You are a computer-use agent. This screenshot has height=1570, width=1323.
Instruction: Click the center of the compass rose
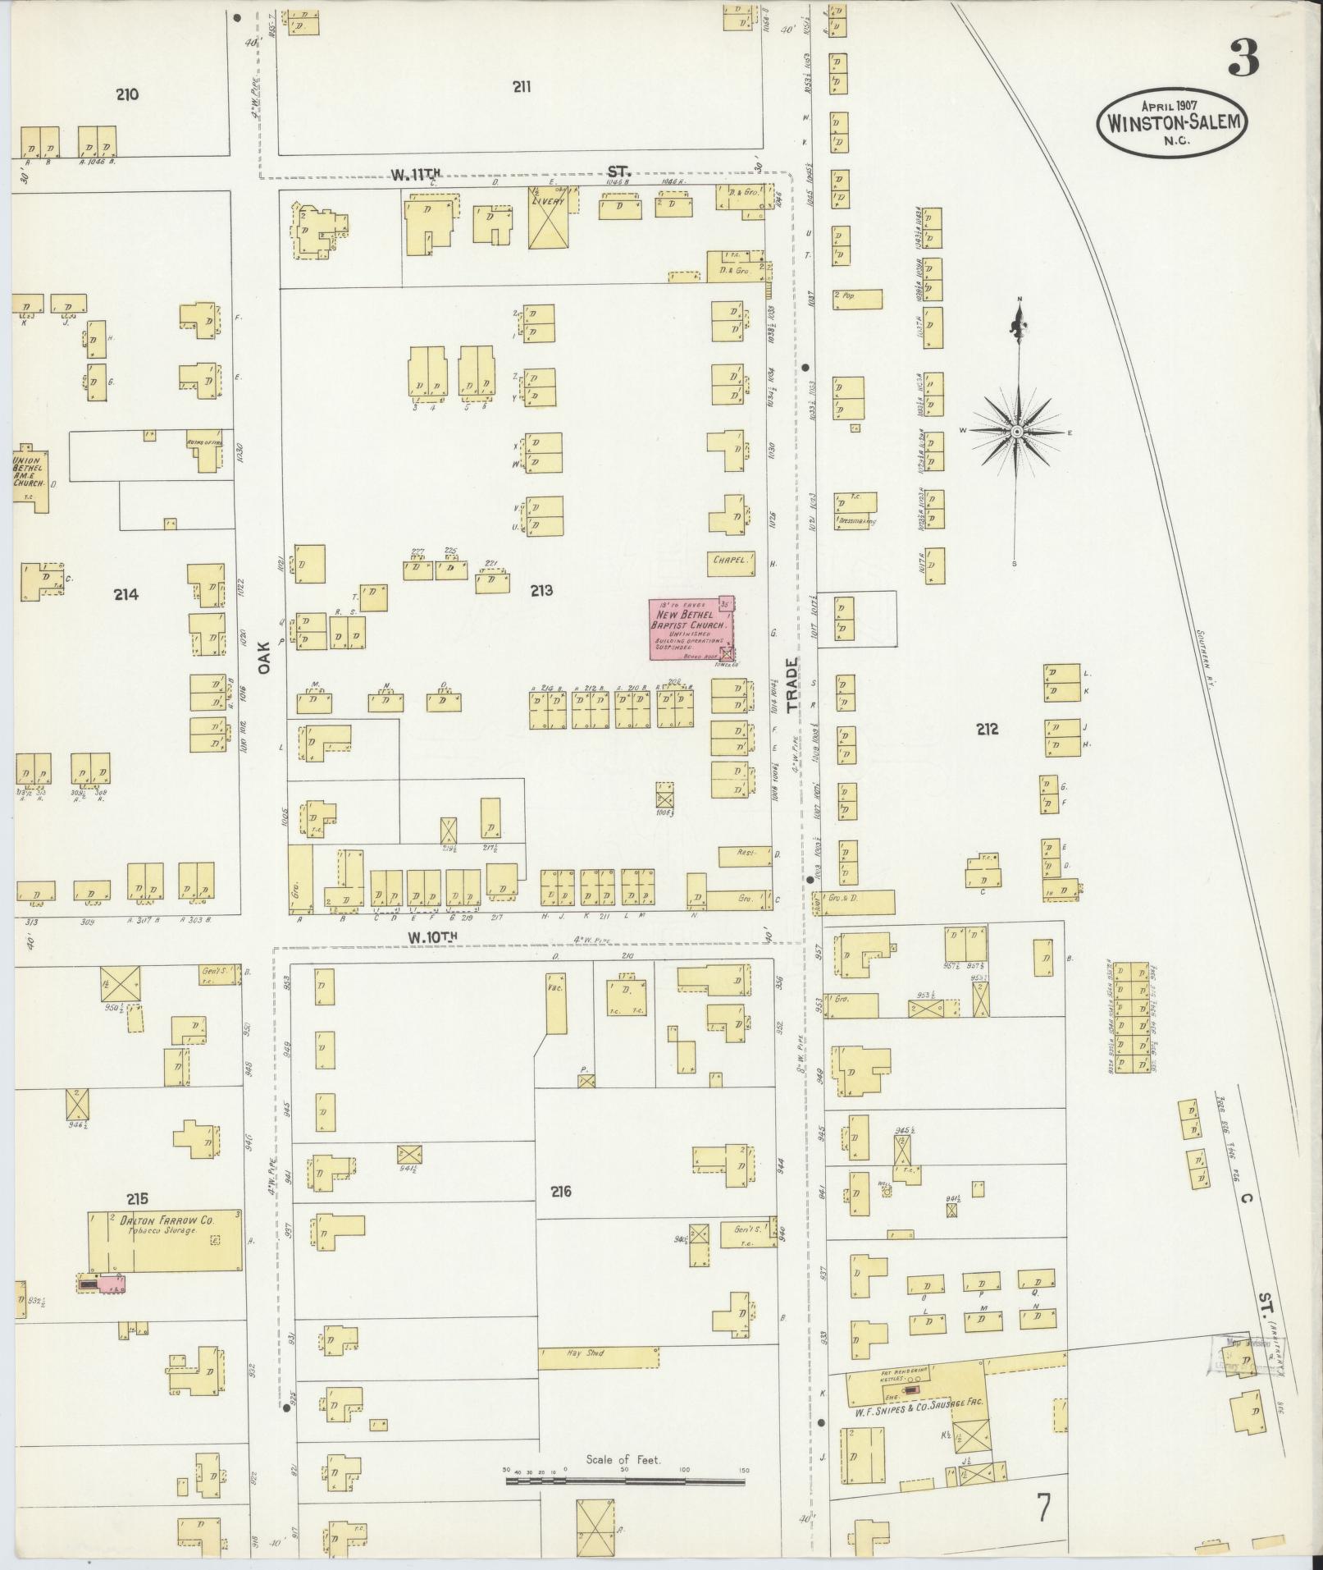[1017, 431]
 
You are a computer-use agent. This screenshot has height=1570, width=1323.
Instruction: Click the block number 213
[541, 590]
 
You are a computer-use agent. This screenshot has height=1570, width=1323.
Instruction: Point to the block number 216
[561, 1191]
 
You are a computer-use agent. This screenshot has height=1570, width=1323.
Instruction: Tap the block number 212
[987, 729]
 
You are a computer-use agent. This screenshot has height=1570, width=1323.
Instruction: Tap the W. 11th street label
[417, 173]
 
